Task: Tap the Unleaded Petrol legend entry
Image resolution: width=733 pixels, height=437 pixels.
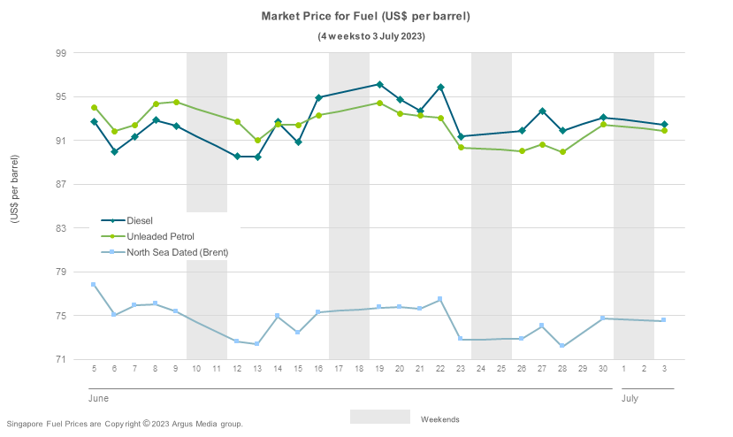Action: point(160,236)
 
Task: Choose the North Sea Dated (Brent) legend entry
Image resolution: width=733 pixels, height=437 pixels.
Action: point(177,252)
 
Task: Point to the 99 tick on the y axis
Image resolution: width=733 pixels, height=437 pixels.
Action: point(61,53)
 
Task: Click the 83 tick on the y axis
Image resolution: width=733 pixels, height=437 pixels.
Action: point(61,228)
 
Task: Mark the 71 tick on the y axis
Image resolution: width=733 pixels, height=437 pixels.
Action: point(61,360)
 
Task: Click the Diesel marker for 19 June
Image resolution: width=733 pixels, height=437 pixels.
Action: point(379,85)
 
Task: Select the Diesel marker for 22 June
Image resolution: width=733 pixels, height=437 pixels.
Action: point(440,88)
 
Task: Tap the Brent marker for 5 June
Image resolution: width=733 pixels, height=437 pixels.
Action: point(94,285)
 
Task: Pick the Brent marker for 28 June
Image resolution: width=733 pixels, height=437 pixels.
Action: point(562,346)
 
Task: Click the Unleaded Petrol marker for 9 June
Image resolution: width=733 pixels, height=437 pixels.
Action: point(176,103)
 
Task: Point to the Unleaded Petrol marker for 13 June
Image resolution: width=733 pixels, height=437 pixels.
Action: point(257,141)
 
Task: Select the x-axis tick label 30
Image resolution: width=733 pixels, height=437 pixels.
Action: point(603,368)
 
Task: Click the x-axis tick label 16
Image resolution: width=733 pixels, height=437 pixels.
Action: point(318,368)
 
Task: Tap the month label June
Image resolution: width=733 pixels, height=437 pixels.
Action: point(98,399)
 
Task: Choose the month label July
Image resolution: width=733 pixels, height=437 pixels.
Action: point(630,399)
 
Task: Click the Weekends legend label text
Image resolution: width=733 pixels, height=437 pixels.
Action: point(439,419)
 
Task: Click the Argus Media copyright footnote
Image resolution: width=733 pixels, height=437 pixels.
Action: point(125,425)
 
